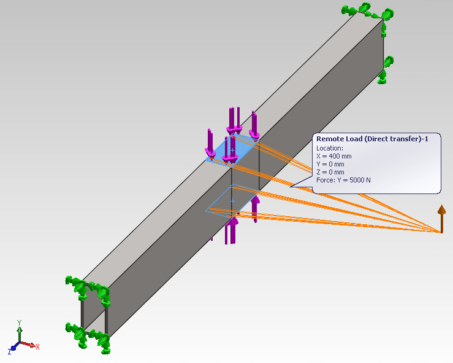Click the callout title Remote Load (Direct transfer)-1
click(373, 139)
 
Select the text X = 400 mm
click(334, 156)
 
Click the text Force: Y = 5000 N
click(343, 180)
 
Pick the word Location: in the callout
click(330, 148)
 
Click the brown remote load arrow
click(441, 219)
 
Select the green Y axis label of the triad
click(20, 322)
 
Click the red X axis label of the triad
click(37, 346)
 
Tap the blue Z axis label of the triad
click(10, 352)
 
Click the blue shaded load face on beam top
click(232, 150)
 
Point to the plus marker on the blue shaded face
click(232, 150)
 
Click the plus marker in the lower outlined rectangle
click(232, 201)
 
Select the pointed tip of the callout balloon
click(290, 187)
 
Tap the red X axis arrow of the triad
click(28, 344)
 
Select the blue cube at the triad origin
click(13, 348)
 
